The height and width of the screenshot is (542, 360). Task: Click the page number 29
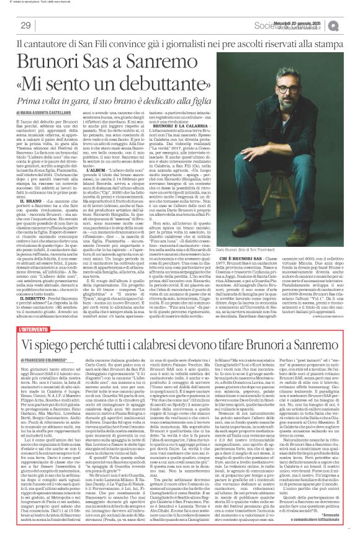coord(25,25)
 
